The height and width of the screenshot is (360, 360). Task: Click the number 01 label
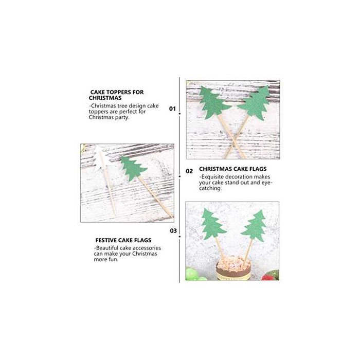172,109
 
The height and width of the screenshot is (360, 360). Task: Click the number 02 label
189,171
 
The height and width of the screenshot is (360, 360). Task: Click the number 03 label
173,231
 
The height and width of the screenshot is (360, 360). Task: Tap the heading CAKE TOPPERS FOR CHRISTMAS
116,95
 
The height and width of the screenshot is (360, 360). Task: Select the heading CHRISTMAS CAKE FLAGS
233,169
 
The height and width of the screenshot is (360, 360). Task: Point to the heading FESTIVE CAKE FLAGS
123,240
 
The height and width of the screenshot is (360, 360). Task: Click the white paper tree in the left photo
100,159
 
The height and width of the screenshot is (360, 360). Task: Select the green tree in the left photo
133,168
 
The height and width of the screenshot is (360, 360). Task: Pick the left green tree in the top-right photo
213,102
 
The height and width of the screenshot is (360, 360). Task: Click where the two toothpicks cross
234,141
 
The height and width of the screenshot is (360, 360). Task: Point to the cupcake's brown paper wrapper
233,273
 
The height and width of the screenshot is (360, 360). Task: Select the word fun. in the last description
113,260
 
